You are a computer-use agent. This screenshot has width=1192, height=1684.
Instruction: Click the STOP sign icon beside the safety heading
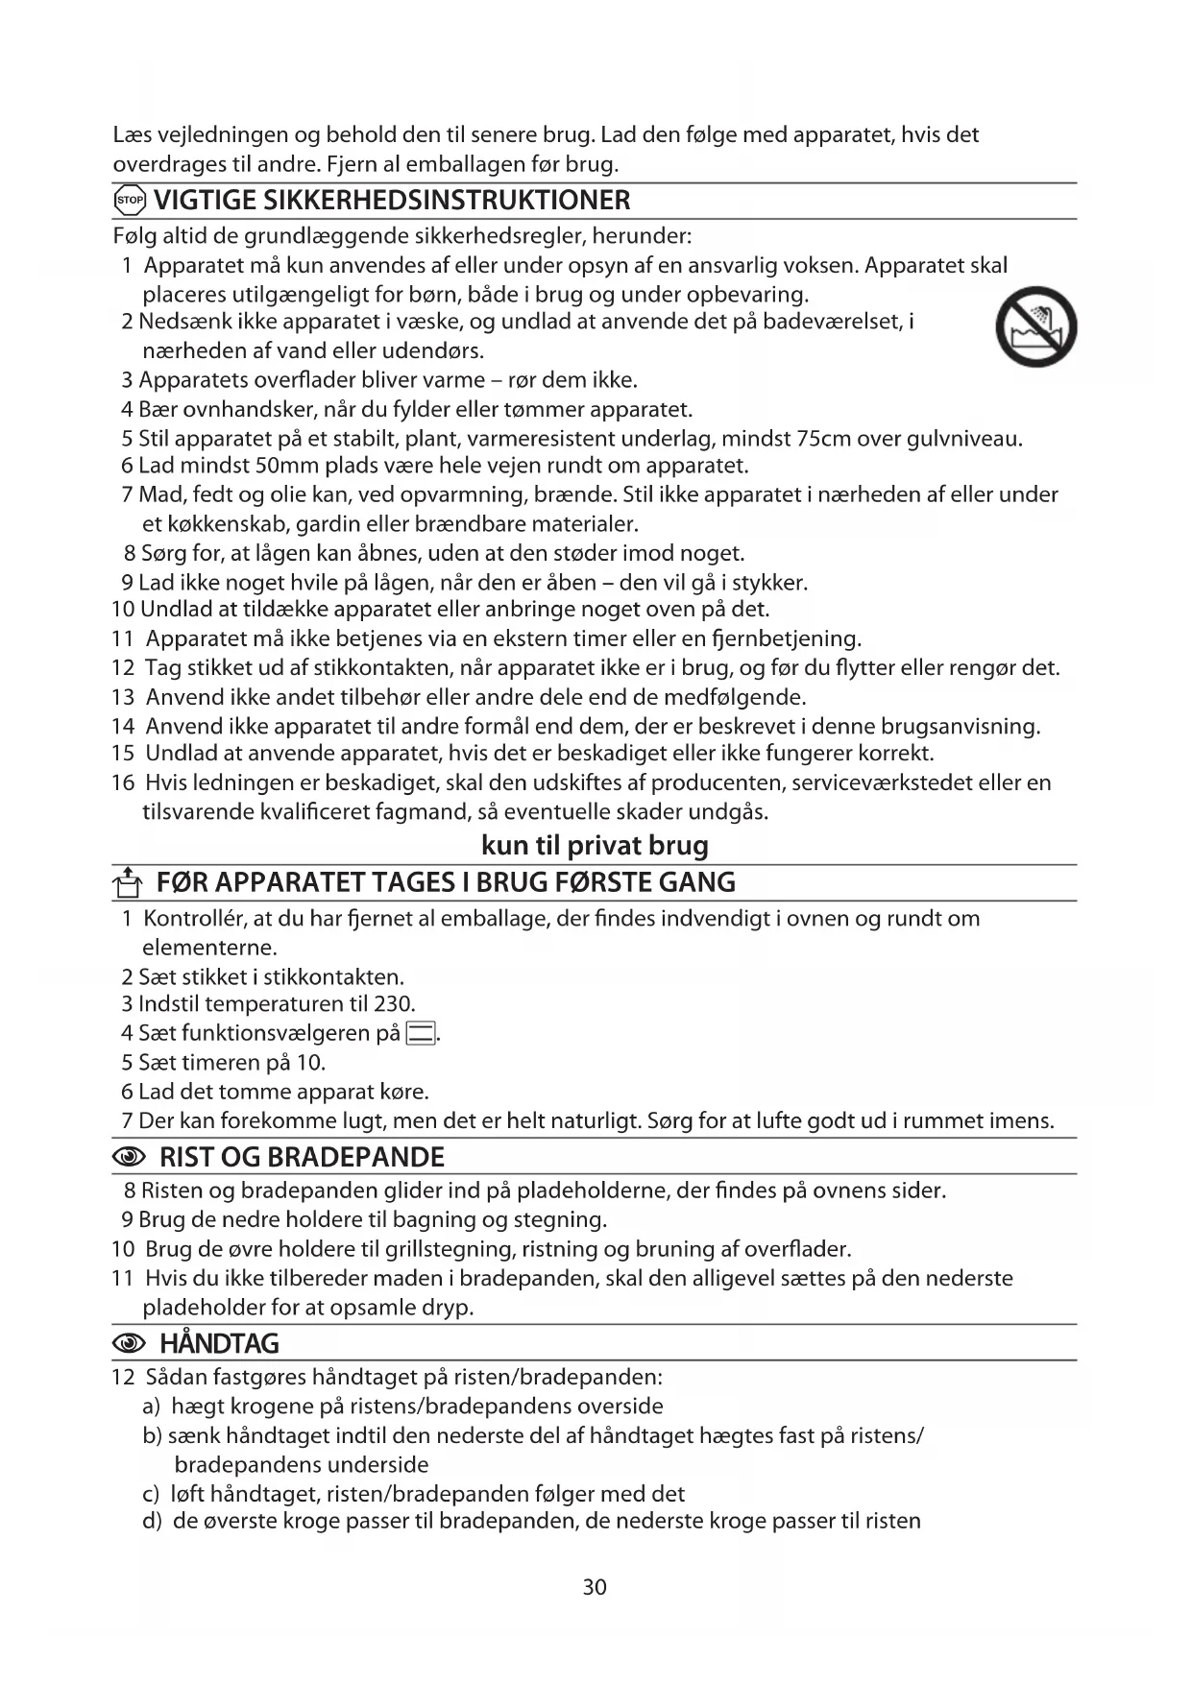[x=129, y=202]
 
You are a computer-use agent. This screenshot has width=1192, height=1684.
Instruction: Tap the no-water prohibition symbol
[x=1036, y=327]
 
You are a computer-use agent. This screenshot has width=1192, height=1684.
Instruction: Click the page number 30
[x=595, y=1587]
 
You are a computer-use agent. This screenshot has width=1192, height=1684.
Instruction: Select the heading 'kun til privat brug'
[x=595, y=846]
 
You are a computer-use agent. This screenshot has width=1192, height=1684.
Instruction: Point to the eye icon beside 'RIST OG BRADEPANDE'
[x=130, y=1158]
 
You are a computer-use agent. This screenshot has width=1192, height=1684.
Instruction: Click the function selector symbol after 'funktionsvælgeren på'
[x=420, y=1034]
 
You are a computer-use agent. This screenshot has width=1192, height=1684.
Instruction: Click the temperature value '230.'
[x=395, y=1004]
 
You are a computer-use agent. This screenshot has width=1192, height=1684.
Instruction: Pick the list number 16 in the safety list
[x=123, y=782]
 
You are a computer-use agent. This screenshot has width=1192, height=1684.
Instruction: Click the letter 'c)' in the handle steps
[x=151, y=1494]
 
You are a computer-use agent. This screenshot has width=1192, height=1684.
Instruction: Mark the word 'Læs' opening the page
[x=131, y=134]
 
